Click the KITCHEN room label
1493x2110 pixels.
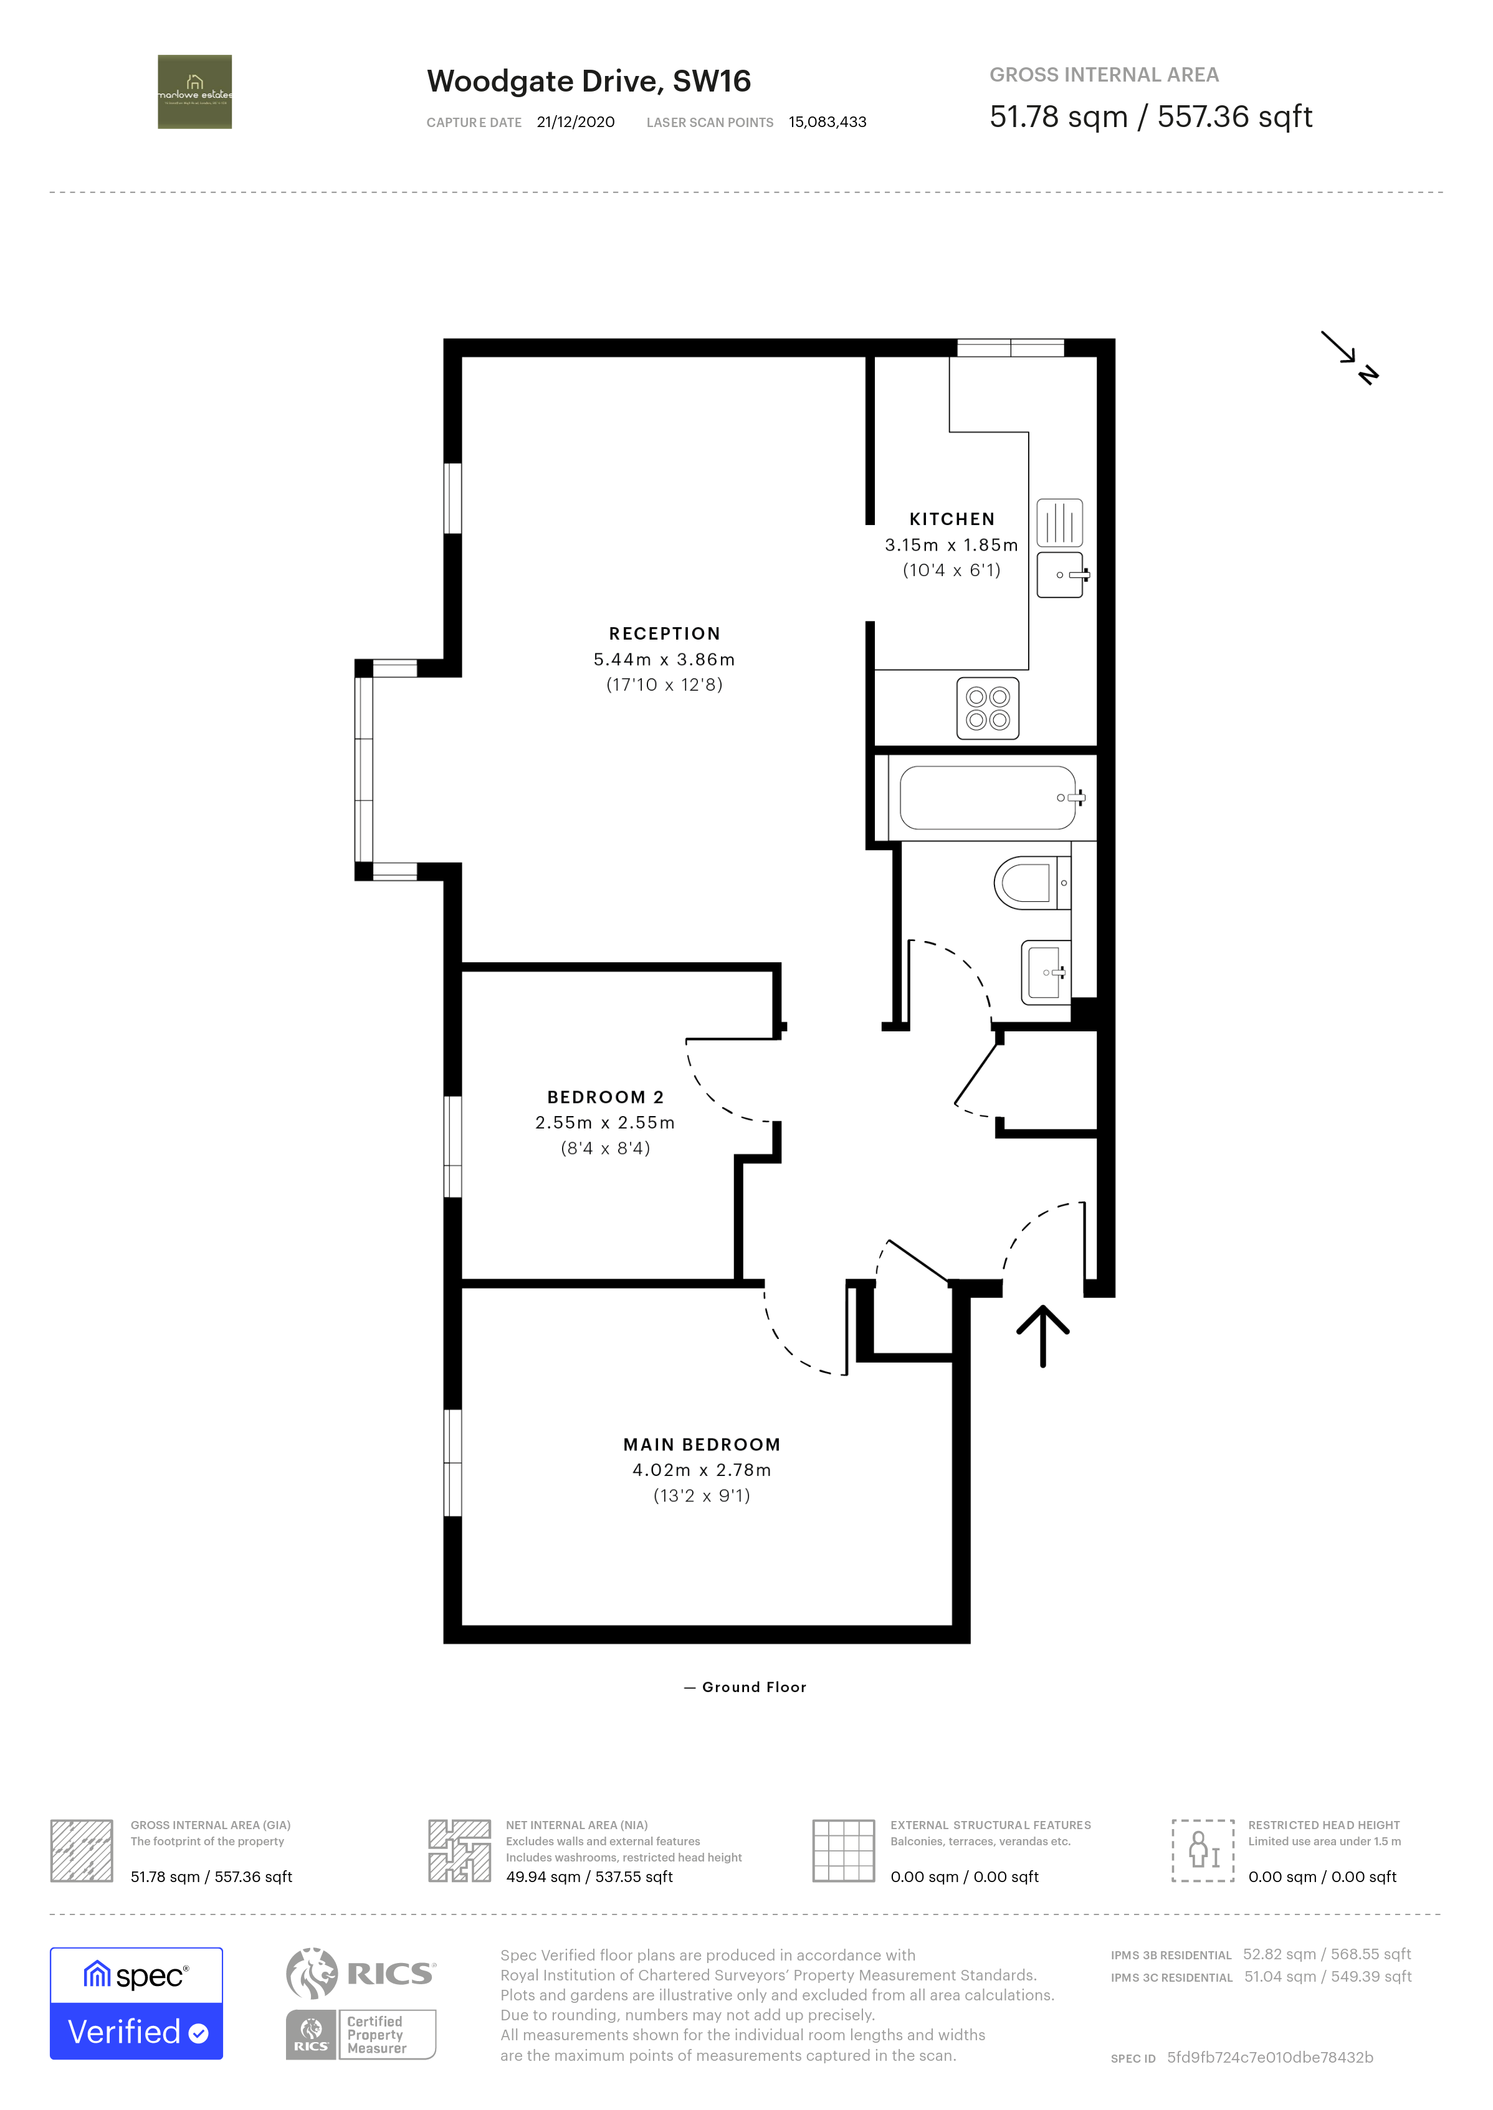coord(952,519)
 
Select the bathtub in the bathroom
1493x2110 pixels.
coord(988,798)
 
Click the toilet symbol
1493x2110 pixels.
coord(1029,882)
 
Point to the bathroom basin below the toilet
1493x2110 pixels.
coord(1045,972)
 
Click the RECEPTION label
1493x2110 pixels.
coord(664,633)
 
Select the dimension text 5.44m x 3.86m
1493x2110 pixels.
coord(664,659)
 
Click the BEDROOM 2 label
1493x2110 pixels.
coord(605,1096)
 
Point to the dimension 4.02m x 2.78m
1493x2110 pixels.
coord(702,1470)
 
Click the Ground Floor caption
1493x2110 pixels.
coord(753,1687)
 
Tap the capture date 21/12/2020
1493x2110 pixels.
coord(576,122)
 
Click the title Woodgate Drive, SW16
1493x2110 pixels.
coord(588,81)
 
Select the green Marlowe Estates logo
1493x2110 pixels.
coord(195,92)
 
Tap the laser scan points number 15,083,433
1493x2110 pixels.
coord(826,122)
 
